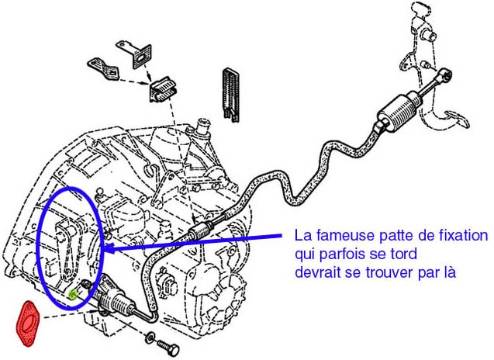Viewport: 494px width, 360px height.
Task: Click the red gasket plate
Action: (28, 324)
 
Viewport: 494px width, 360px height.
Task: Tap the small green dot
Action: (73, 295)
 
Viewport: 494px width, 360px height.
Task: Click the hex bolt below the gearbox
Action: (168, 348)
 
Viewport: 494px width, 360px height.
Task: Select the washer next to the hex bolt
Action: (150, 337)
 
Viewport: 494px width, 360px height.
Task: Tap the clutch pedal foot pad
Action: (457, 119)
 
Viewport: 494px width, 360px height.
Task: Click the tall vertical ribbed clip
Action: (231, 94)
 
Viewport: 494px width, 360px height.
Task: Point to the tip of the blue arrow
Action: (104, 249)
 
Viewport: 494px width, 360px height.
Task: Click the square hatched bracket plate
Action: (142, 57)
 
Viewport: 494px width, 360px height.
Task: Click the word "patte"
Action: (392, 236)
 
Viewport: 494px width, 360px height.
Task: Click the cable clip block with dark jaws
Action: (163, 89)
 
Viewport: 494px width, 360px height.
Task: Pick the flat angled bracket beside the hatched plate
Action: (103, 69)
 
